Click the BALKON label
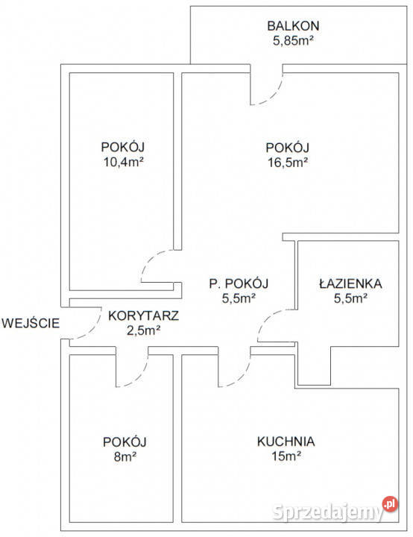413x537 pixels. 293,25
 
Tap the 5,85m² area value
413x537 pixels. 293,40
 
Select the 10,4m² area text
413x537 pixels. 123,162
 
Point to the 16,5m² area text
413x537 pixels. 287,162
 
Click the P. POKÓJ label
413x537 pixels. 239,283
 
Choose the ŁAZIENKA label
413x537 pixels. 350,283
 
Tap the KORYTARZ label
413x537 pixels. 143,315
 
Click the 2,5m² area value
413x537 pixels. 143,330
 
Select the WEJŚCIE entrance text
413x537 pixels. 31,323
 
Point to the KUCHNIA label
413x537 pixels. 286,441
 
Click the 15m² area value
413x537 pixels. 286,456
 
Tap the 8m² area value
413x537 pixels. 125,456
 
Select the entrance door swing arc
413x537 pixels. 92,330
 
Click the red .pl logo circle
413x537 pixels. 390,503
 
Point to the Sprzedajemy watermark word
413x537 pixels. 328,512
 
